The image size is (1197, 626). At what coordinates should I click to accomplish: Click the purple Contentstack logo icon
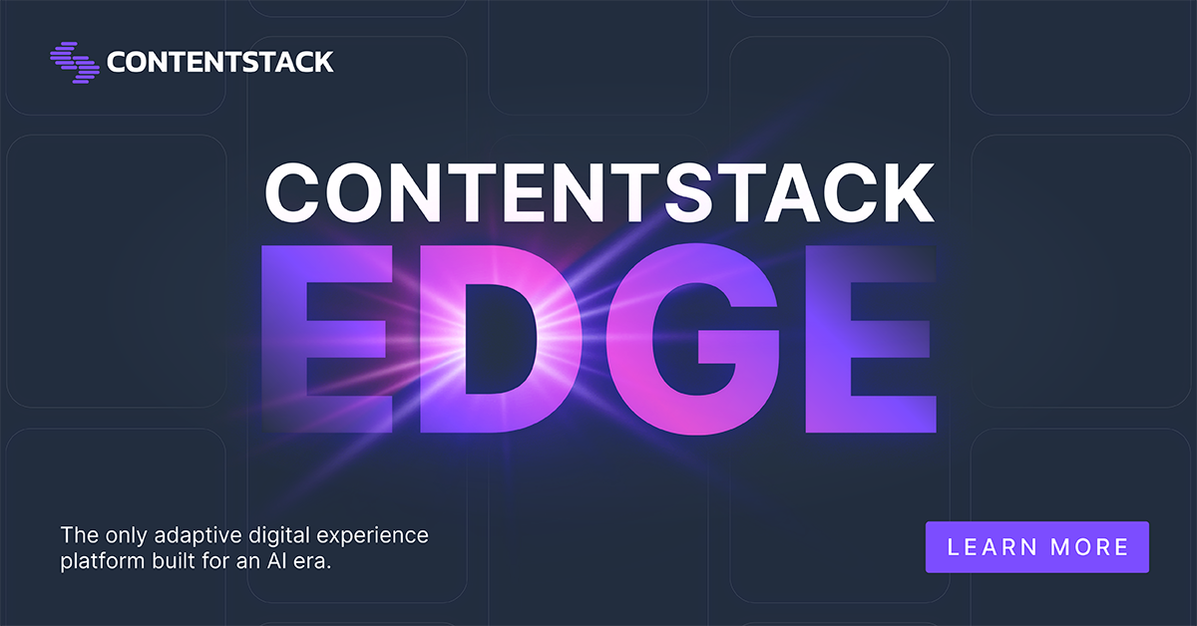coord(75,62)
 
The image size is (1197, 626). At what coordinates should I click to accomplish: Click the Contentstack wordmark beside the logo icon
coord(219,62)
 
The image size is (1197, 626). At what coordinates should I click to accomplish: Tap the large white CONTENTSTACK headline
coord(598,194)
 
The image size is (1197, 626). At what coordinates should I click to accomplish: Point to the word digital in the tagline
coord(266,535)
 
